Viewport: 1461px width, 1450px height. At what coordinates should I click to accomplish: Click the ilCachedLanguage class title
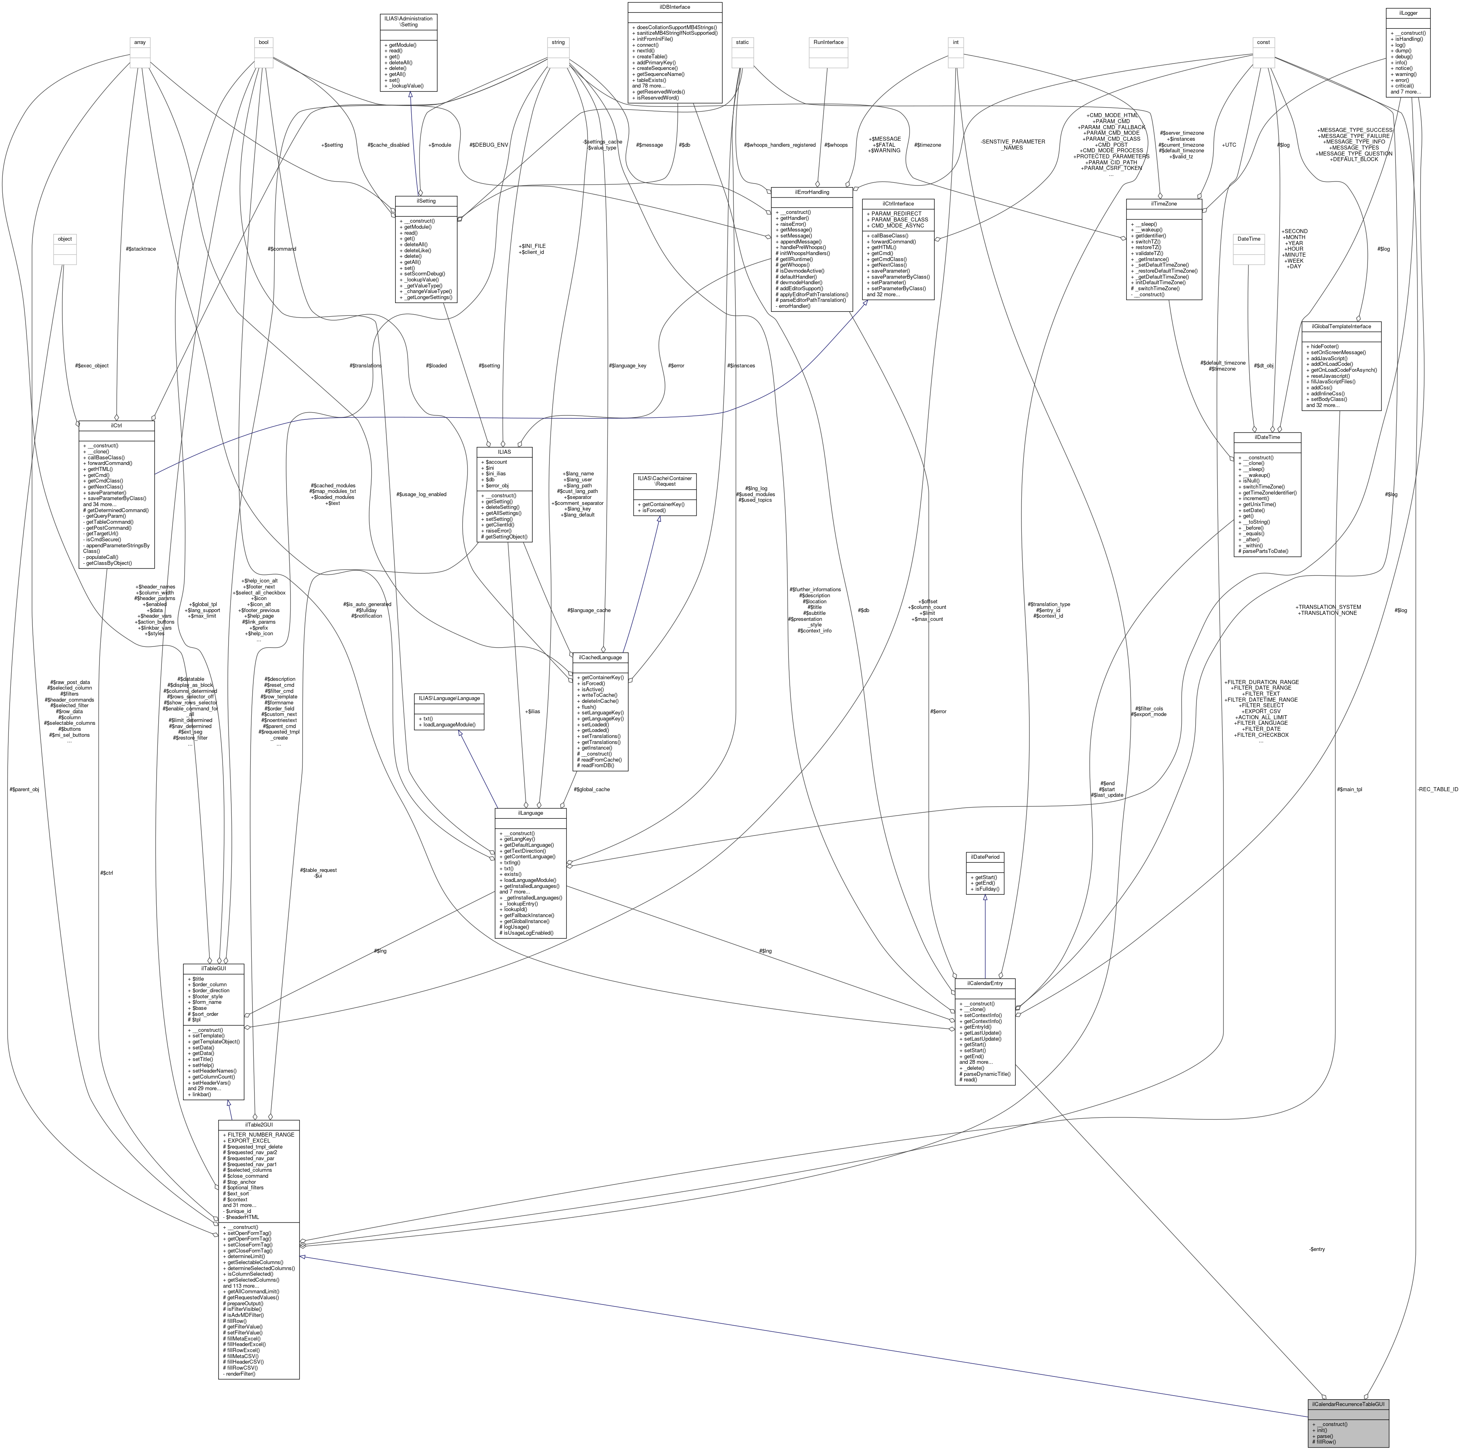pos(601,657)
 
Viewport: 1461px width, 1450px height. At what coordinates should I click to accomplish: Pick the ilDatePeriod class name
pos(985,857)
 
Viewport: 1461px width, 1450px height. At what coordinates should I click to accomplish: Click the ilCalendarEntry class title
pos(985,983)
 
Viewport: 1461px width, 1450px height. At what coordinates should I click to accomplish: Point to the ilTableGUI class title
pos(213,968)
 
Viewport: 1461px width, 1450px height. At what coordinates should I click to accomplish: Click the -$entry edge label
pos(1317,1249)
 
